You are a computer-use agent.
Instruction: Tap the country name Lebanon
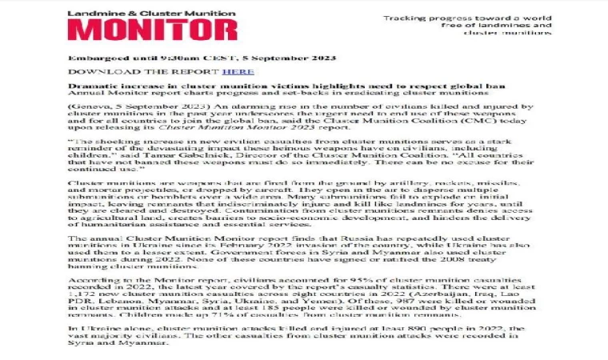click(111, 305)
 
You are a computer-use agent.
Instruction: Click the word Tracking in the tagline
click(408, 18)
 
